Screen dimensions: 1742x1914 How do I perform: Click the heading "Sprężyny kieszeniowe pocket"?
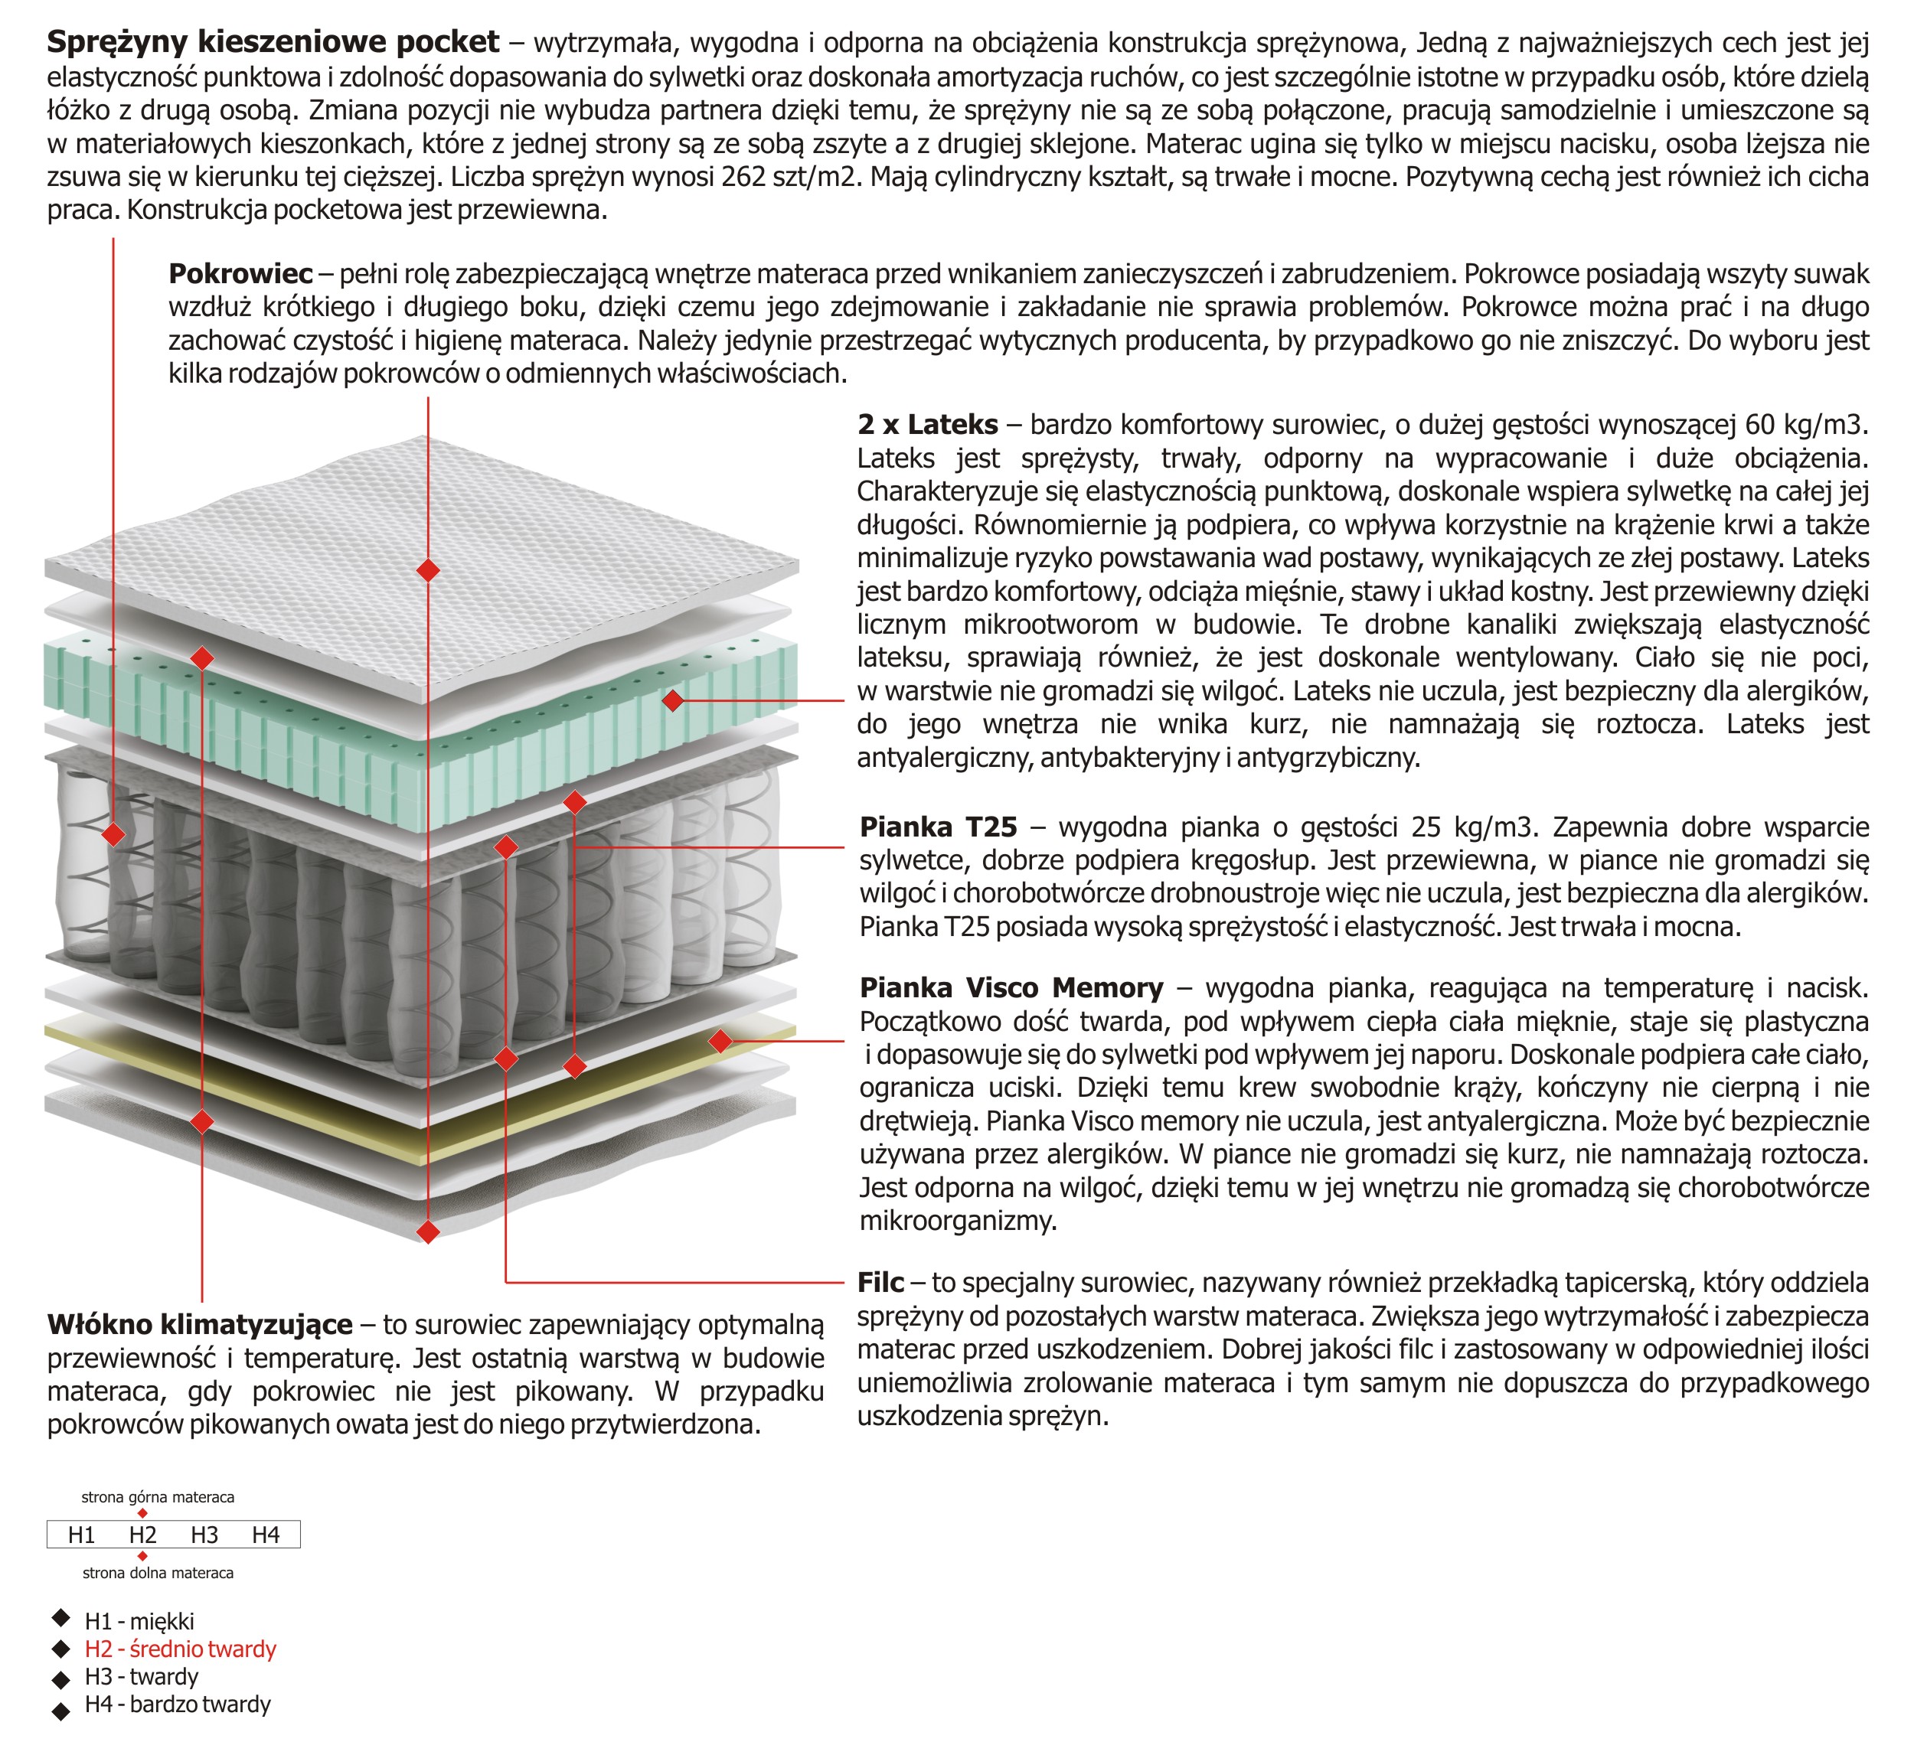tap(273, 42)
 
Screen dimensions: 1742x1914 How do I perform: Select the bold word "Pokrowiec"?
tap(240, 274)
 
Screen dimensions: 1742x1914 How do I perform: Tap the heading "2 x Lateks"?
tap(928, 424)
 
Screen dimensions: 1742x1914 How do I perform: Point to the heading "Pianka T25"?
tap(938, 827)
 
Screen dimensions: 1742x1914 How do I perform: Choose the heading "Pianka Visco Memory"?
tap(1011, 988)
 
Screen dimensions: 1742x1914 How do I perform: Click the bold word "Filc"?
tap(880, 1283)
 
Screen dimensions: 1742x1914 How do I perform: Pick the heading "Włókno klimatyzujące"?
tap(199, 1324)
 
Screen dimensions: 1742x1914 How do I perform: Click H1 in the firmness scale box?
tap(82, 1535)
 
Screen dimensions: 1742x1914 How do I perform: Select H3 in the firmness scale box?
tap(204, 1535)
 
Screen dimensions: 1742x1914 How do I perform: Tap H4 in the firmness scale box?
tap(266, 1535)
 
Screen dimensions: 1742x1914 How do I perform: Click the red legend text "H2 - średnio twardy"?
tap(181, 1649)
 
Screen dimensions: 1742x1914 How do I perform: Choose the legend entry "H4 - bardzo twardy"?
tap(178, 1704)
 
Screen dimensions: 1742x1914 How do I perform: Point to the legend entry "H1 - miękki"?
tap(139, 1621)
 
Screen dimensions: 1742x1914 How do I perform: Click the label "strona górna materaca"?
tap(158, 1497)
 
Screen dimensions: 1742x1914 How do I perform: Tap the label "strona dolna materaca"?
tap(158, 1573)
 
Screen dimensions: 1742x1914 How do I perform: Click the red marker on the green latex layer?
tap(673, 700)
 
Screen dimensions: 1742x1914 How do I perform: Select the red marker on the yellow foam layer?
tap(720, 1042)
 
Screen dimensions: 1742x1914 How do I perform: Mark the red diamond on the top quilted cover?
tap(428, 569)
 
